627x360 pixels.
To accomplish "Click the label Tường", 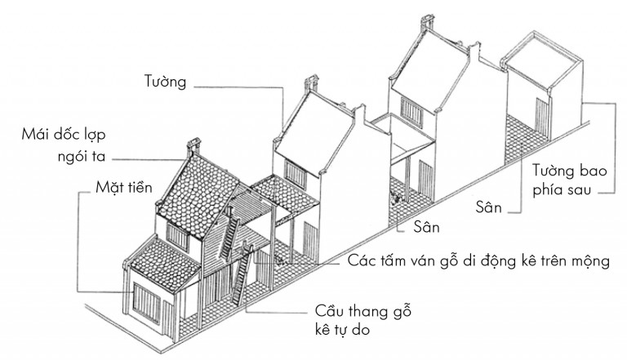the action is pyautogui.click(x=165, y=81).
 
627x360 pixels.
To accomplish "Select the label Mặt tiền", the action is pyautogui.click(x=123, y=187).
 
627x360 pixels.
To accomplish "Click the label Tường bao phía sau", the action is pyautogui.click(x=569, y=180).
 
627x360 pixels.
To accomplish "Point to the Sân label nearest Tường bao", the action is pyautogui.click(x=488, y=207).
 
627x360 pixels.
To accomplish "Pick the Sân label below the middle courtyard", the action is pyautogui.click(x=426, y=227).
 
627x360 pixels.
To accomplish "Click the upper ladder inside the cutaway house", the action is pyautogui.click(x=229, y=238).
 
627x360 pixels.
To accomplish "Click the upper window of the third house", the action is pyautogui.click(x=411, y=109).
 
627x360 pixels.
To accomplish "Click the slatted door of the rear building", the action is pyautogui.click(x=540, y=117).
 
